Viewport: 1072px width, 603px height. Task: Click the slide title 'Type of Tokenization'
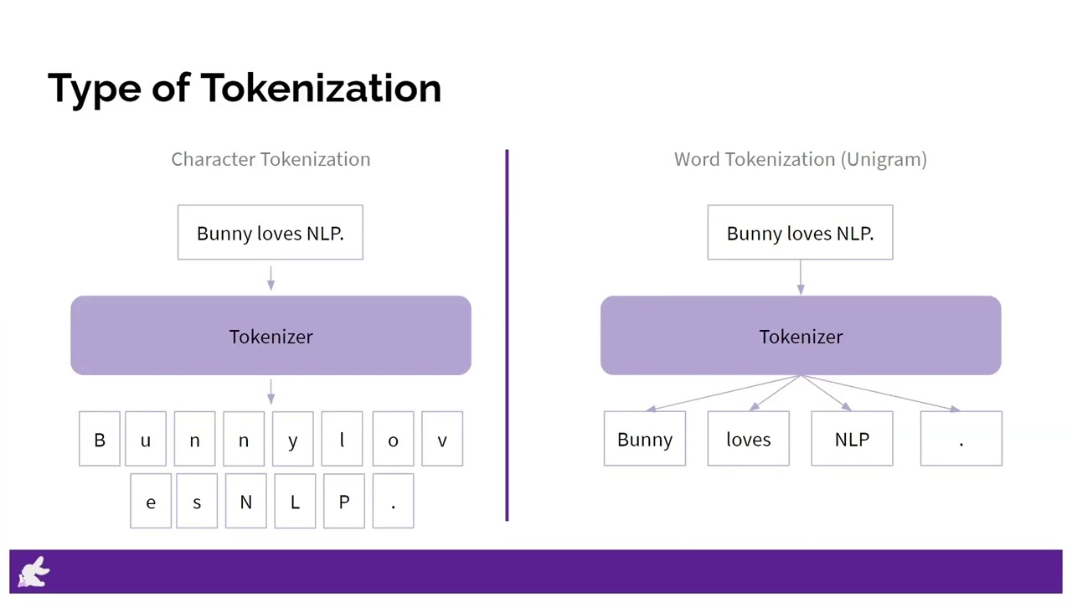pyautogui.click(x=244, y=88)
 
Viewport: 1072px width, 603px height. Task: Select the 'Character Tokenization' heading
pyautogui.click(x=271, y=159)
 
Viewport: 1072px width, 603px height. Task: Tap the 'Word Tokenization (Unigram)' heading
pyautogui.click(x=800, y=159)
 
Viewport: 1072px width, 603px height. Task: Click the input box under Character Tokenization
pyautogui.click(x=271, y=233)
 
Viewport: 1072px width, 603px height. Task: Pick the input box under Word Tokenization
pyautogui.click(x=800, y=233)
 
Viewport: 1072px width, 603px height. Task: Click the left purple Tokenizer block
pyautogui.click(x=271, y=336)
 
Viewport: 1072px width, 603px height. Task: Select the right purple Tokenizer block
pyautogui.click(x=800, y=336)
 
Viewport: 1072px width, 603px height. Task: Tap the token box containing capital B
pyautogui.click(x=100, y=439)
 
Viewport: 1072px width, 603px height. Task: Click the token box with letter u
pyautogui.click(x=146, y=439)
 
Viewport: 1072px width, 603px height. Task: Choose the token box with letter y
pyautogui.click(x=292, y=439)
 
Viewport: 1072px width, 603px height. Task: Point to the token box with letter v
pyautogui.click(x=442, y=439)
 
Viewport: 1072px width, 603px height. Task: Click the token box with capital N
pyautogui.click(x=245, y=502)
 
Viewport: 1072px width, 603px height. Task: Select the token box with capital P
pyautogui.click(x=343, y=502)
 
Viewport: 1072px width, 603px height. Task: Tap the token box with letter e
pyautogui.click(x=151, y=502)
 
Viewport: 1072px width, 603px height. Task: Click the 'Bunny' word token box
pyautogui.click(x=645, y=439)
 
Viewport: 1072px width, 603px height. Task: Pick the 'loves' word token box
pyautogui.click(x=748, y=439)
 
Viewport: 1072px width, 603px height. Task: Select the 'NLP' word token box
pyautogui.click(x=852, y=439)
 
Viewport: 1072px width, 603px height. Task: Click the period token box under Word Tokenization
pyautogui.click(x=961, y=439)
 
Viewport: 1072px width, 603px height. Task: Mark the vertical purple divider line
pyautogui.click(x=507, y=335)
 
